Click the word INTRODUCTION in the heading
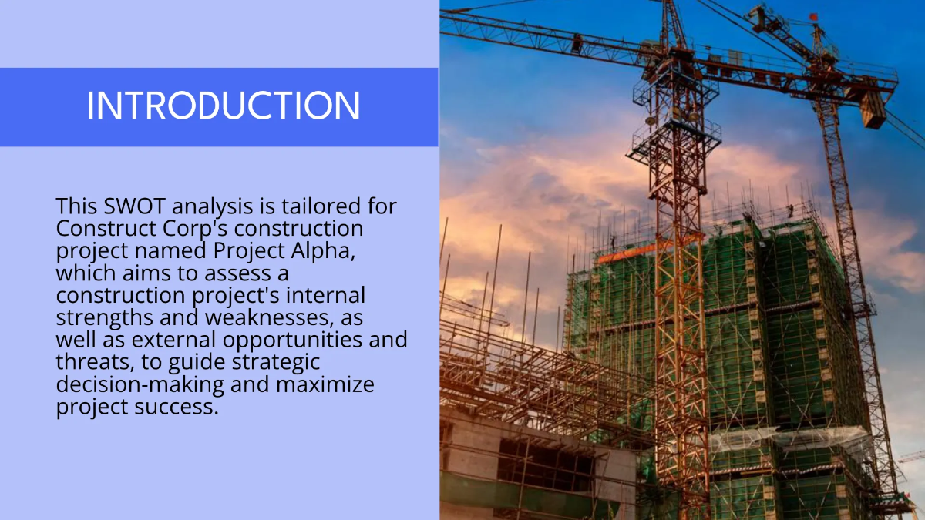tap(223, 106)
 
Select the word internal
tap(328, 296)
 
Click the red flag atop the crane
tap(811, 17)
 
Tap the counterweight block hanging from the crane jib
tap(873, 110)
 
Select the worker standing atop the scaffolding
tap(789, 210)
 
